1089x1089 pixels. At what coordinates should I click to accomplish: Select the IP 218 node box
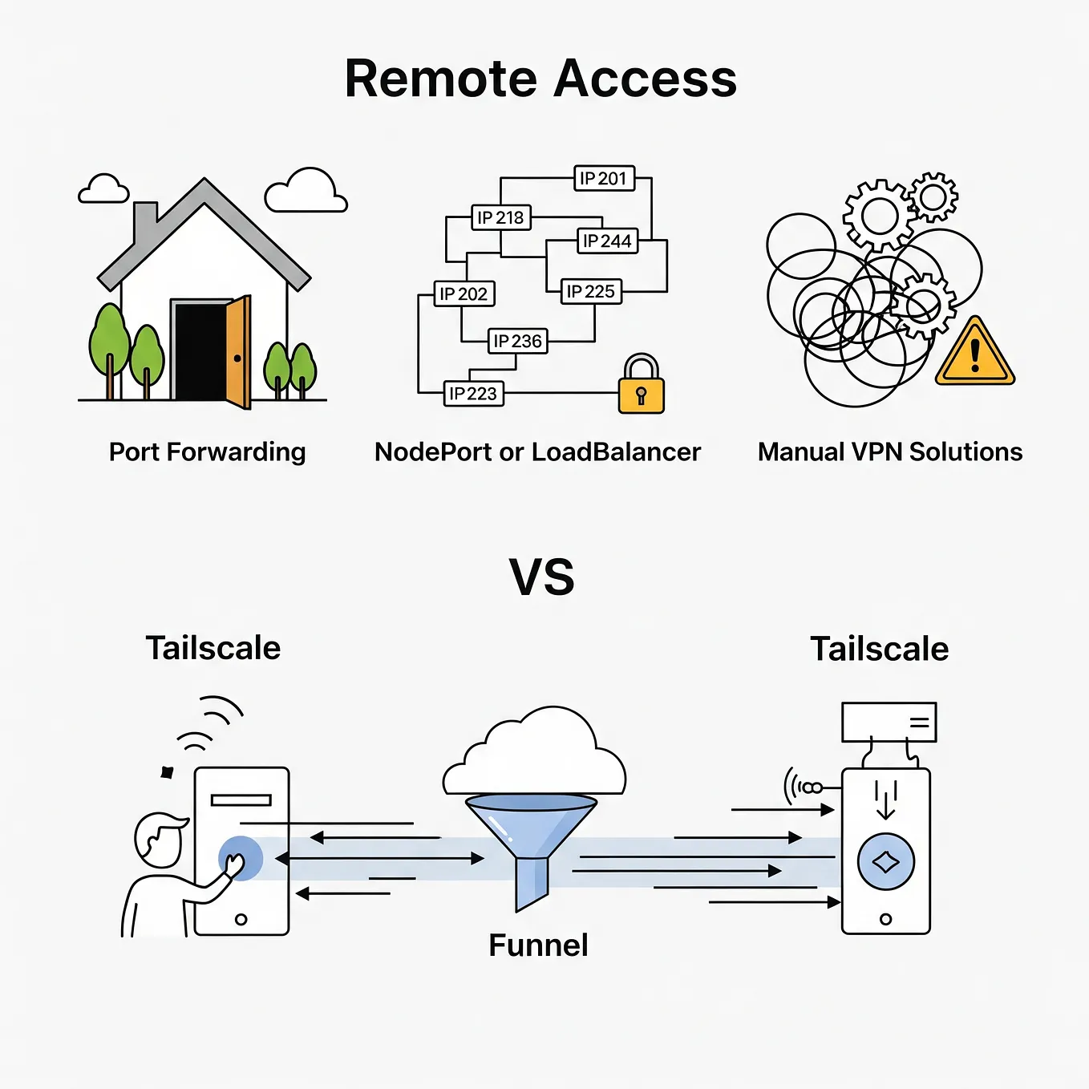click(x=500, y=217)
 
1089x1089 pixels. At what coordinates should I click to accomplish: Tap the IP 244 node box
click(x=607, y=241)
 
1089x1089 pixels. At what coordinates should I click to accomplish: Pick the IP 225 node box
click(x=591, y=291)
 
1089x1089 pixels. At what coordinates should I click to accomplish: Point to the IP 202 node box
click(x=464, y=294)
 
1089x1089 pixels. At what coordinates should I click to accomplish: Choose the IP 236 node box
click(x=517, y=341)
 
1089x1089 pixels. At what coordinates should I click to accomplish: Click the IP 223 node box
click(x=473, y=394)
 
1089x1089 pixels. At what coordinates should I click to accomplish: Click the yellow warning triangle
click(x=974, y=355)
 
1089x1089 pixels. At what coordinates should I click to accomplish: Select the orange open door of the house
click(x=238, y=352)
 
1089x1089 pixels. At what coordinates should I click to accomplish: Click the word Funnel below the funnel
click(x=538, y=945)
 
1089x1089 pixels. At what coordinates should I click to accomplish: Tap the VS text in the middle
click(x=542, y=577)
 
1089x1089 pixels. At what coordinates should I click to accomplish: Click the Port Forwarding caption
click(x=207, y=452)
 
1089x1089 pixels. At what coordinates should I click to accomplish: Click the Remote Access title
click(x=540, y=79)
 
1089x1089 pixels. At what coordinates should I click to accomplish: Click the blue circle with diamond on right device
click(x=885, y=862)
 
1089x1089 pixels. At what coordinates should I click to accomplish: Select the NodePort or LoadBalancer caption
click(x=537, y=452)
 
